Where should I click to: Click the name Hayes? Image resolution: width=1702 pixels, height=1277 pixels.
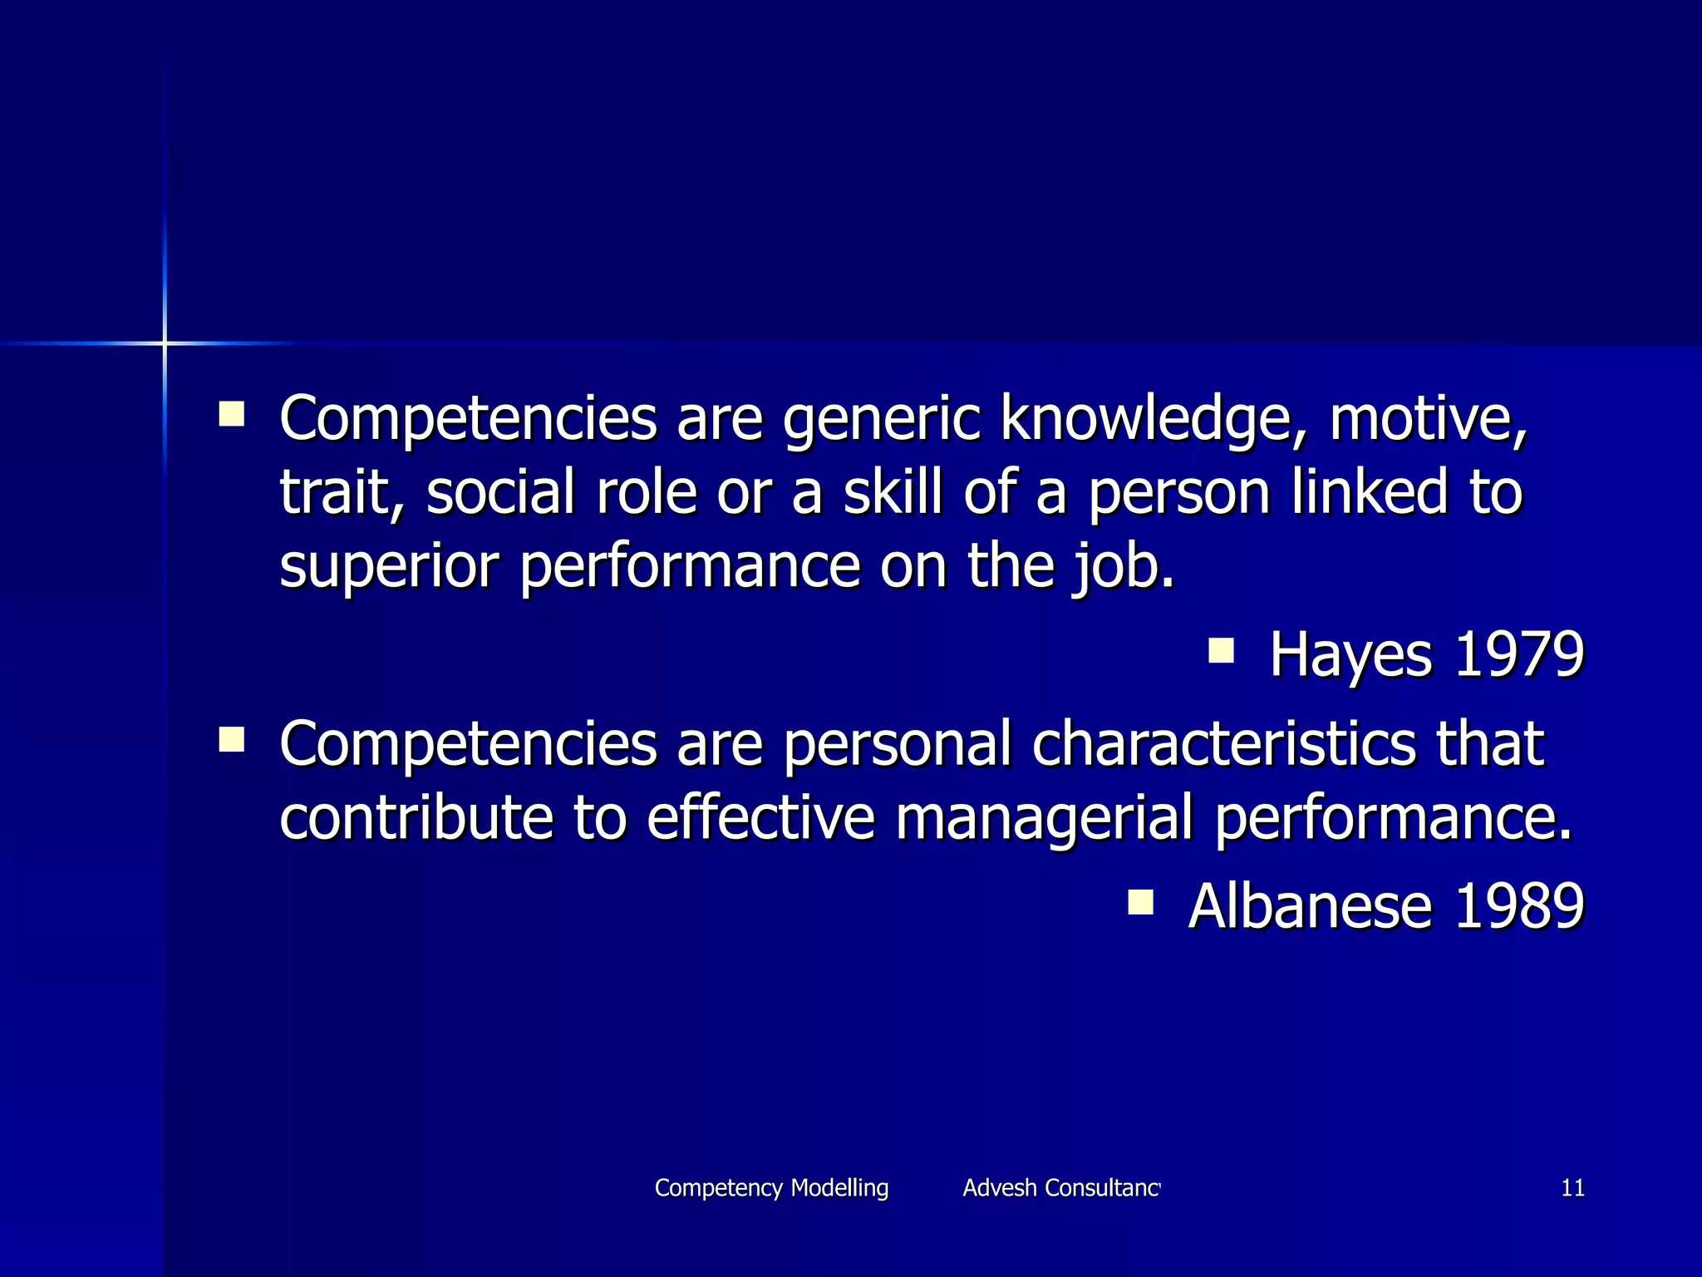pyautogui.click(x=1350, y=654)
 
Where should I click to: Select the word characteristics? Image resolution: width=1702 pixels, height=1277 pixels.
pyautogui.click(x=1223, y=743)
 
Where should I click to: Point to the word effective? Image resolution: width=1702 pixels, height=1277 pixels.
pyautogui.click(x=760, y=817)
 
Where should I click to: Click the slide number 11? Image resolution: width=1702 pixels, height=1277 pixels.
pyautogui.click(x=1572, y=1188)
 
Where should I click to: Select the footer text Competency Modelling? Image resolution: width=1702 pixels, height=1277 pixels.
pyautogui.click(x=771, y=1188)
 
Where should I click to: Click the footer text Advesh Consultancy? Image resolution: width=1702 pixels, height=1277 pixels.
pyautogui.click(x=1060, y=1188)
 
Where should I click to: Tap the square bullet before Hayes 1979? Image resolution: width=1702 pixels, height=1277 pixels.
pyautogui.click(x=1221, y=649)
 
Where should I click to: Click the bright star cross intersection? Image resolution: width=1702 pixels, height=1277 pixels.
pyautogui.click(x=165, y=343)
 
